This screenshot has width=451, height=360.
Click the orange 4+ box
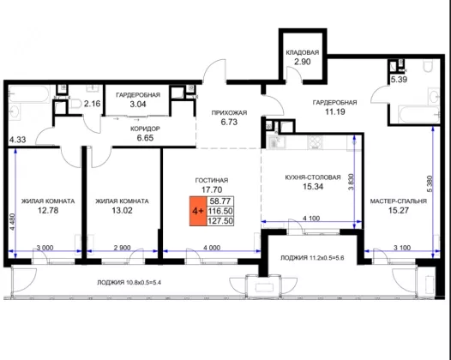[x=198, y=211]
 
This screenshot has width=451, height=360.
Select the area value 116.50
[x=220, y=211]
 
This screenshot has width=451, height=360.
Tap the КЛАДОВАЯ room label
[x=303, y=52]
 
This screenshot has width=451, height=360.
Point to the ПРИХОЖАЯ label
[x=229, y=113]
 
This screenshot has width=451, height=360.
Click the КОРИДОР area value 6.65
[x=145, y=138]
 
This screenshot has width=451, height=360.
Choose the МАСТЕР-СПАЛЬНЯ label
[x=399, y=201]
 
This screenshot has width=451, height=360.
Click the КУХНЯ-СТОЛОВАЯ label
[x=313, y=177]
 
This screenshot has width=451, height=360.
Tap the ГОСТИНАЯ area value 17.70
[x=212, y=189]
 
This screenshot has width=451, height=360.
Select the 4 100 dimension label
[x=311, y=219]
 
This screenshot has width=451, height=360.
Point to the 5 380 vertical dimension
[x=430, y=183]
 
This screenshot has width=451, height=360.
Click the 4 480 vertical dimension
[x=12, y=222]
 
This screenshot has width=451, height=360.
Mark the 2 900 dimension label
[x=123, y=248]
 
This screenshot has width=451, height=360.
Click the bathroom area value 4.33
[x=17, y=140]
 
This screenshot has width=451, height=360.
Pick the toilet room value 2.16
[x=92, y=104]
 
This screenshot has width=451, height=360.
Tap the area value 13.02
[x=123, y=211]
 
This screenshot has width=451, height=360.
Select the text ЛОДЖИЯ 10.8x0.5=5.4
[x=129, y=283]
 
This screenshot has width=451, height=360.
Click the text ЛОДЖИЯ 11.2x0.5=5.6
[x=312, y=258]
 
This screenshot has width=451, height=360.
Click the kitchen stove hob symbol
[x=316, y=142]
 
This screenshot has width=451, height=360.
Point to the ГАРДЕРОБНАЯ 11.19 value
[x=334, y=111]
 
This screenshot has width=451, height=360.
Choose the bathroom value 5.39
[x=399, y=80]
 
